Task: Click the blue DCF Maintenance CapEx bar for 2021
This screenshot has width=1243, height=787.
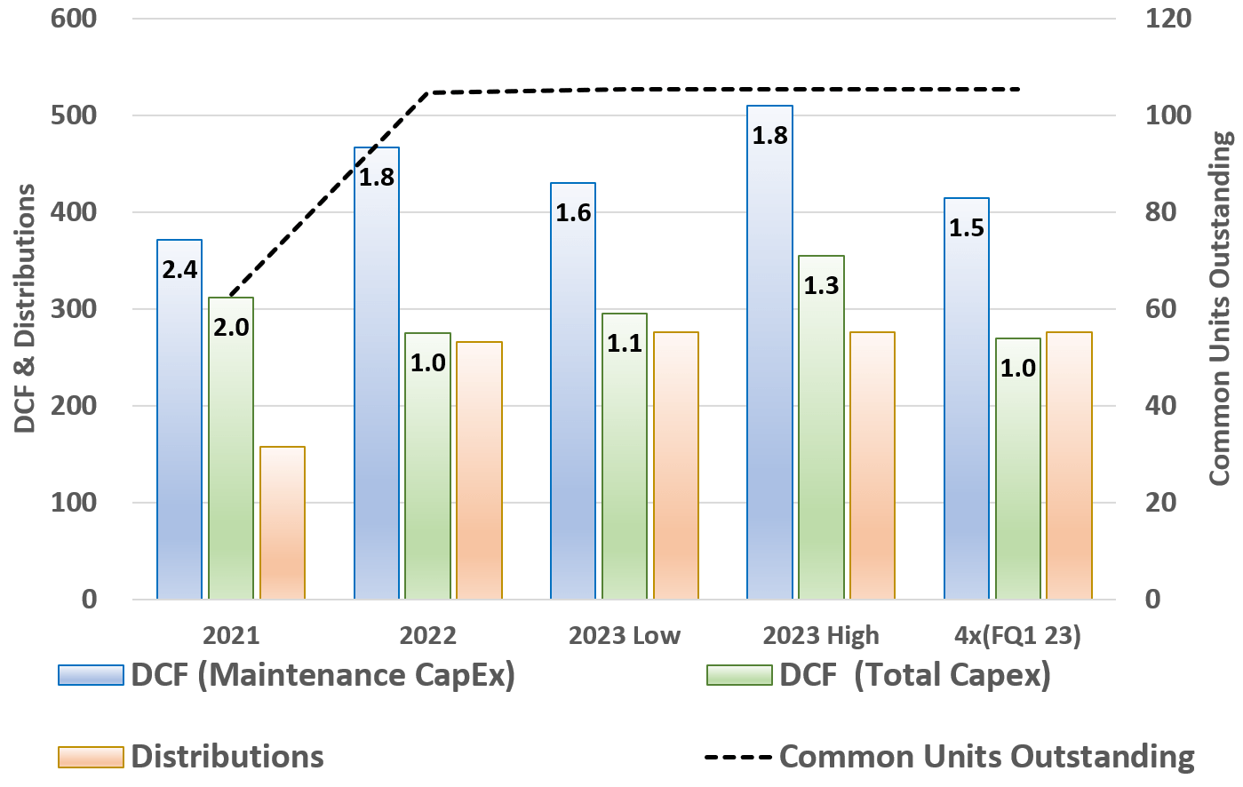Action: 179,426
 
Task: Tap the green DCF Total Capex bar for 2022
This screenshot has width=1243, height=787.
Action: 427,471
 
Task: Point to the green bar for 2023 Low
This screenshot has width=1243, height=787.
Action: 625,462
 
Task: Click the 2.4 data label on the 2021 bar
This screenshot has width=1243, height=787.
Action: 179,269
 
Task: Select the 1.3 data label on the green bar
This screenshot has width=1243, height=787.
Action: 821,285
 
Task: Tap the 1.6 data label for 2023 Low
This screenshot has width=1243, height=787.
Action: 573,213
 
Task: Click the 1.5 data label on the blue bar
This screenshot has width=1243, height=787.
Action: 967,228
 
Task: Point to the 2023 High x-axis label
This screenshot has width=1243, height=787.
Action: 821,636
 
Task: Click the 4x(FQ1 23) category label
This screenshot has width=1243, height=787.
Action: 1017,636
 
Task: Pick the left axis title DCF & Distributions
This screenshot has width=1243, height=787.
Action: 27,308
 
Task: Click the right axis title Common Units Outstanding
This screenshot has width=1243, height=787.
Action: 1221,308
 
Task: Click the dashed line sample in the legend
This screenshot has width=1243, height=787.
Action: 738,758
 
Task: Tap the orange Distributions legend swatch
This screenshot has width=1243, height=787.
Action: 91,757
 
